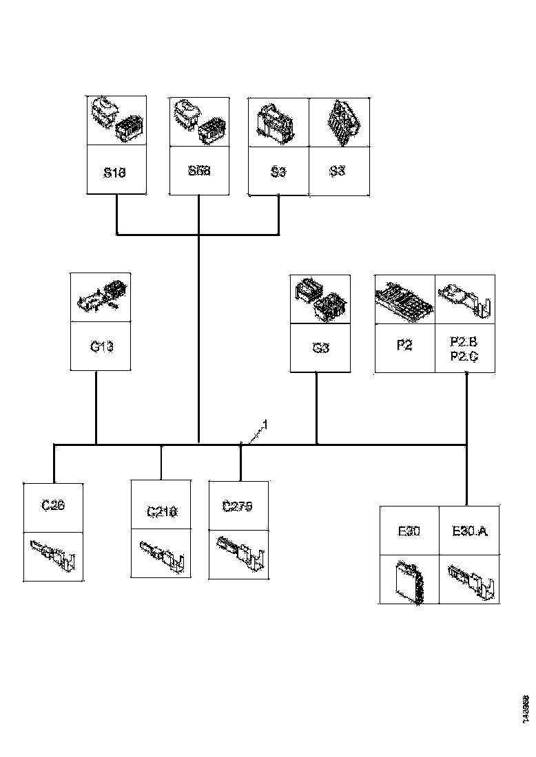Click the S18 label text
tap(115, 171)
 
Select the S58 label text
tap(198, 170)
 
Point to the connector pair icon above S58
tap(199, 120)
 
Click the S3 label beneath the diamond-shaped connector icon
tap(337, 171)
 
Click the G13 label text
tap(101, 346)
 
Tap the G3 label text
tap(320, 348)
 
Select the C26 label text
tap(53, 506)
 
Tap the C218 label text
tap(161, 511)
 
